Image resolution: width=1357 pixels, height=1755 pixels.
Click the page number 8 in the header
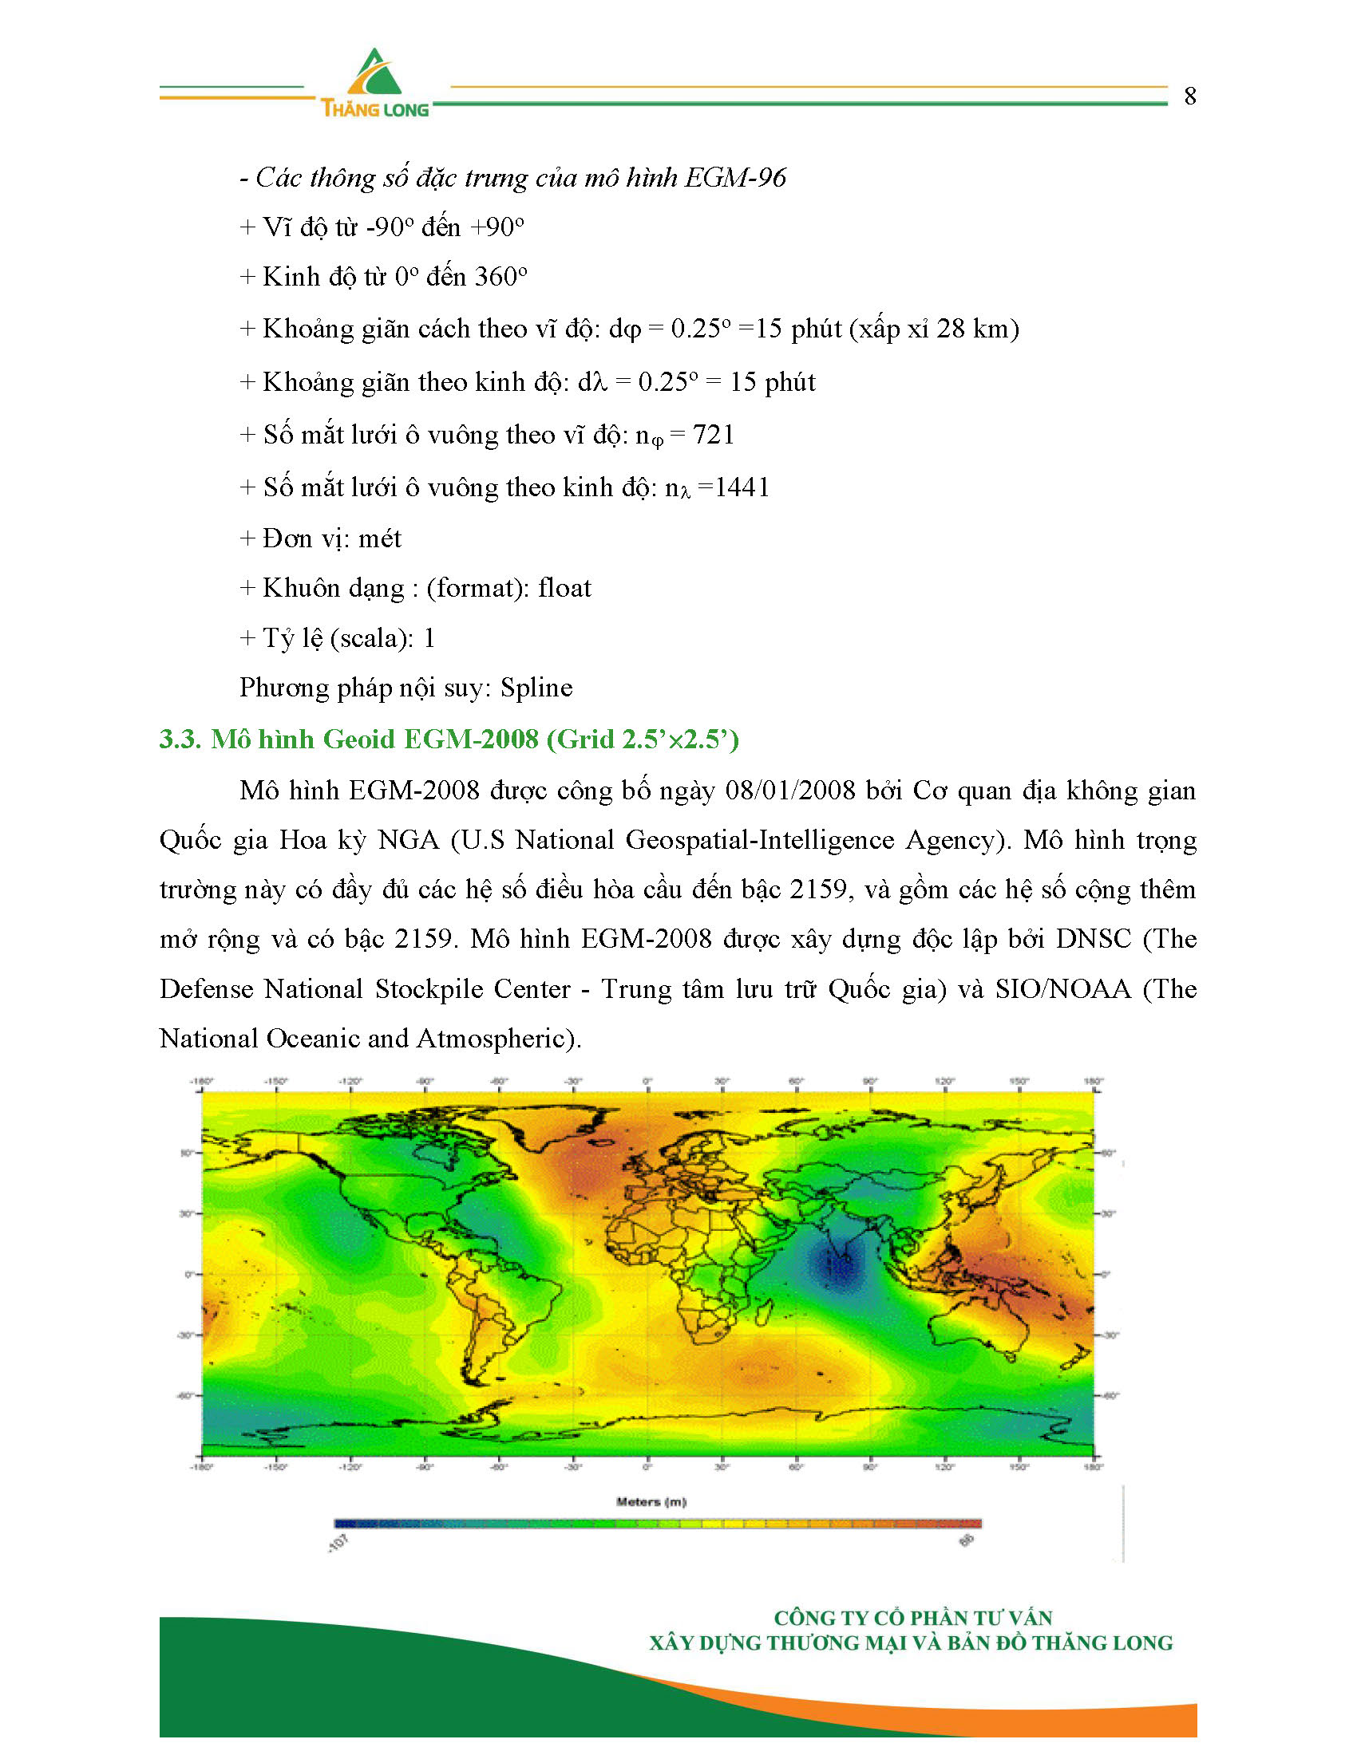[x=1190, y=97]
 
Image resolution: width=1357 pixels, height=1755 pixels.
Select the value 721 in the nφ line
[x=714, y=435]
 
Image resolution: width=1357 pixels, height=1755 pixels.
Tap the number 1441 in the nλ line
[x=742, y=487]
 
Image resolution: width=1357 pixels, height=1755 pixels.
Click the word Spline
[x=536, y=688]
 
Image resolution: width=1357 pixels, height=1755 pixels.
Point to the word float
[x=564, y=588]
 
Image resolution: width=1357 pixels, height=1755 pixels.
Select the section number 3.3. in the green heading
[x=180, y=739]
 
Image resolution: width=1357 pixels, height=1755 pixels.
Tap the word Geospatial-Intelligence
[x=760, y=841]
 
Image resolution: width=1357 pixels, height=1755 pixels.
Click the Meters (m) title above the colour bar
[x=651, y=1502]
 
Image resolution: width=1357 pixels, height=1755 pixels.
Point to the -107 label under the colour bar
[x=338, y=1544]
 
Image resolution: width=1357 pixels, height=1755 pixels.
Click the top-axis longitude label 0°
[x=647, y=1082]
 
